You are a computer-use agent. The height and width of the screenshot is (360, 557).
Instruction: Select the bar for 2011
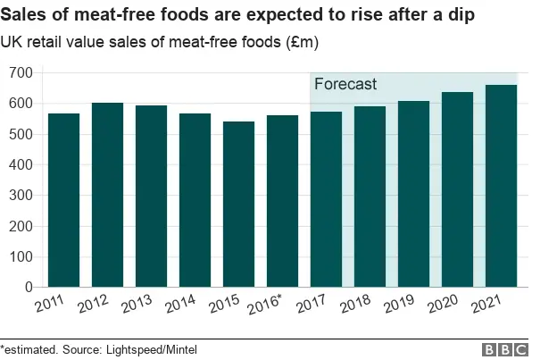(63, 200)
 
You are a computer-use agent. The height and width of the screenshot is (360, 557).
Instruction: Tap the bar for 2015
(238, 205)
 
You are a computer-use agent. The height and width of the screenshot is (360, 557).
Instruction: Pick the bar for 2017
(326, 199)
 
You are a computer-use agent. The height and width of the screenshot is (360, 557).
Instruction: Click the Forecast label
(345, 85)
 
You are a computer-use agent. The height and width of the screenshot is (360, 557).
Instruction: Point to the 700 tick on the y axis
(20, 73)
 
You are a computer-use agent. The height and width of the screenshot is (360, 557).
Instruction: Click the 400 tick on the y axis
(20, 165)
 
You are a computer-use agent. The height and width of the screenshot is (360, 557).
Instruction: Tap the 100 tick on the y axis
(20, 257)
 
